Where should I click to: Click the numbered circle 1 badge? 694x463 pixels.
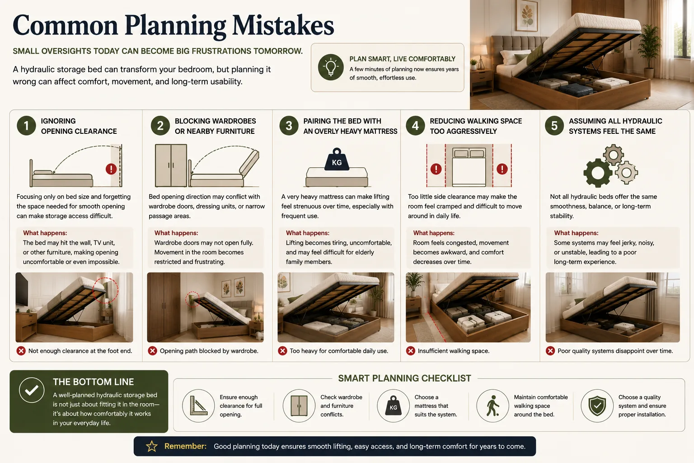(26, 126)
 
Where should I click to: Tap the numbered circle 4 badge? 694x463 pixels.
(415, 126)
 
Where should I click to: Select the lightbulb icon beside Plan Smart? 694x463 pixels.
(331, 67)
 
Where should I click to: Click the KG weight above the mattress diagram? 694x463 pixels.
(337, 160)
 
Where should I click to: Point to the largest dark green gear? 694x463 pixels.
(598, 173)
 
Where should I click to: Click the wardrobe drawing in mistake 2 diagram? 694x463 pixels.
(171, 165)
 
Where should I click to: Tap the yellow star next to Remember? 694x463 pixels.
(152, 446)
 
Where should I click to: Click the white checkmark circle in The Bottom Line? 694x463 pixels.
(32, 390)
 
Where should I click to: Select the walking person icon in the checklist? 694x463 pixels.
(492, 406)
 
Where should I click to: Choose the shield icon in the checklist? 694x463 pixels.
(597, 406)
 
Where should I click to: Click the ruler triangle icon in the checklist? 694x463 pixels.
(198, 406)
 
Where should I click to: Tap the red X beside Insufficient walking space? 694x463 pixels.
(411, 351)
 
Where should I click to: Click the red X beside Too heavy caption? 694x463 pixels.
(282, 351)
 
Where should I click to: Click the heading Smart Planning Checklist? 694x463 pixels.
(404, 378)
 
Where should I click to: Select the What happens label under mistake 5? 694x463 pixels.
(576, 233)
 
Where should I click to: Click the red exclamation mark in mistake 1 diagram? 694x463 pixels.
(111, 169)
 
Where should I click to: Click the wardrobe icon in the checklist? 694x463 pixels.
(299, 406)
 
